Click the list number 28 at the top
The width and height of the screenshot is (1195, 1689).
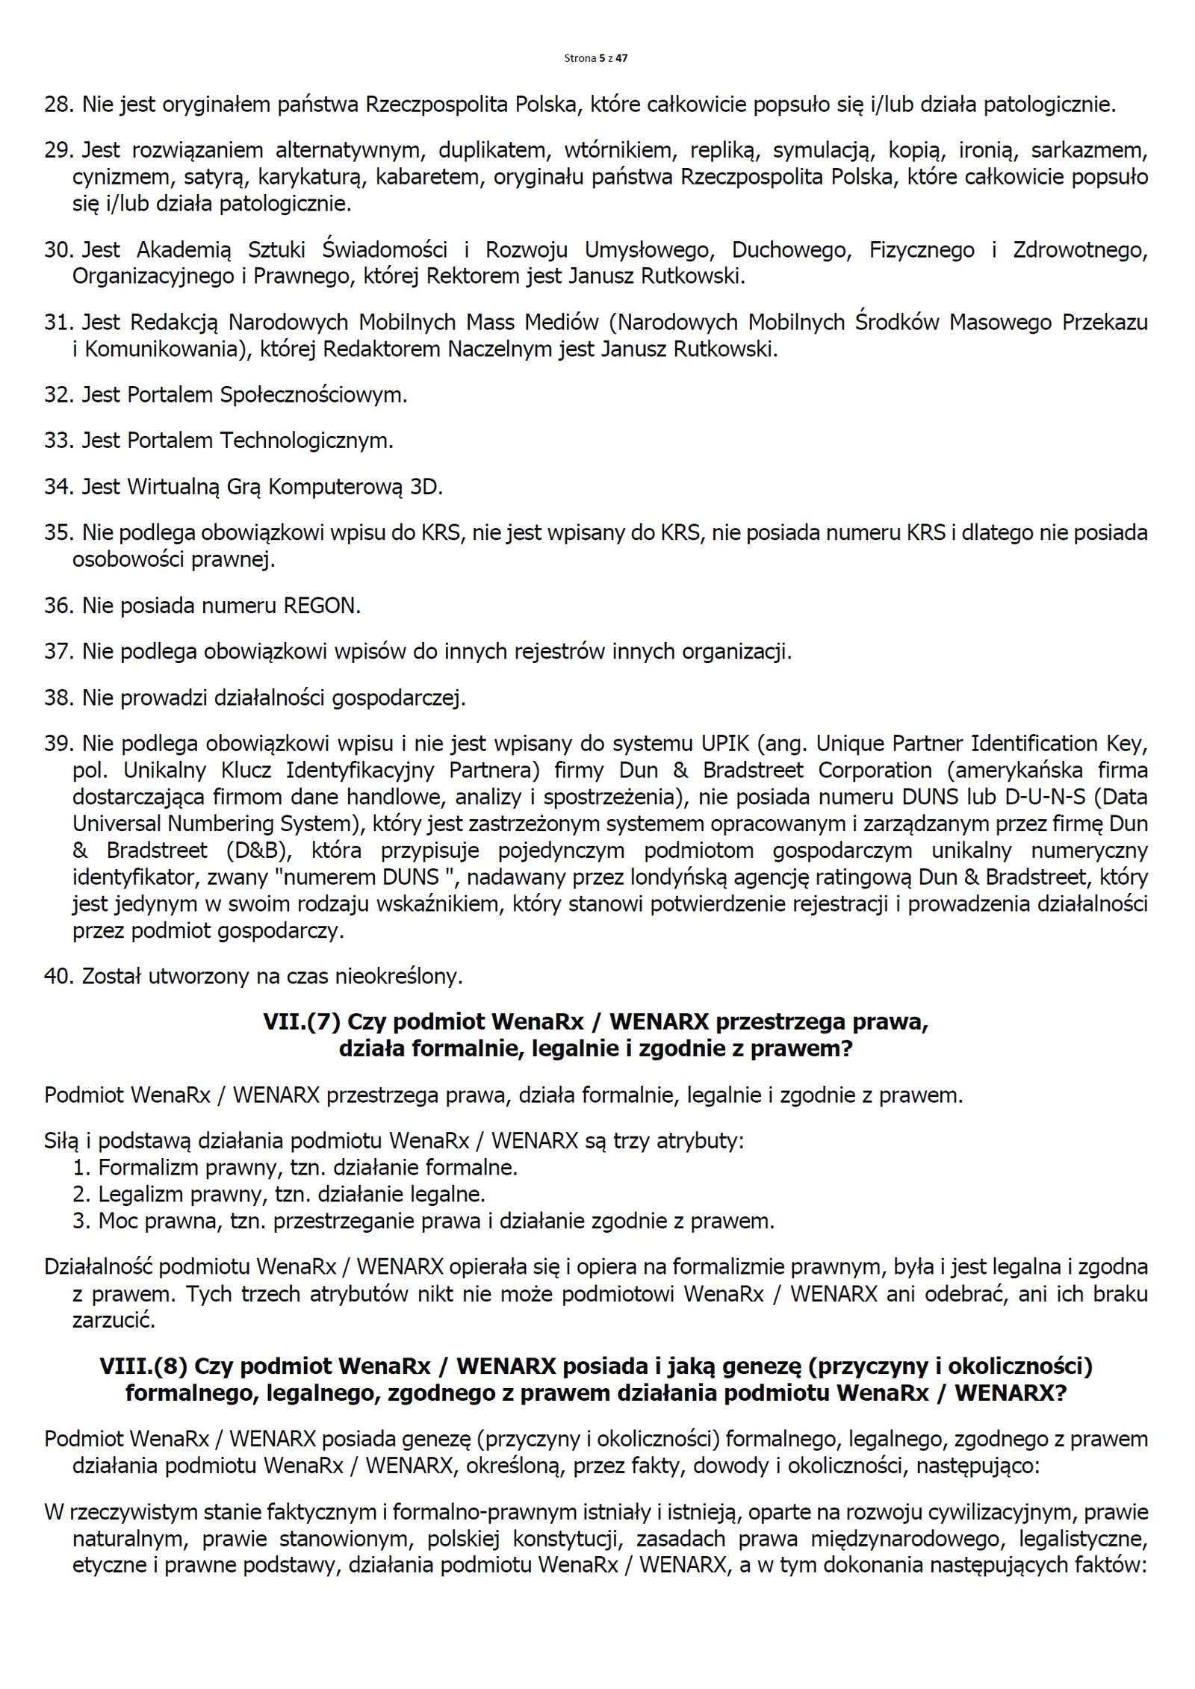click(x=56, y=105)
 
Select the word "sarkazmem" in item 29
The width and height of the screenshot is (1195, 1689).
click(x=1089, y=151)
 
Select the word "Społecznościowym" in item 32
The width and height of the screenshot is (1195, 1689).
click(x=314, y=395)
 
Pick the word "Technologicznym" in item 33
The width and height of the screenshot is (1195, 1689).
click(x=305, y=441)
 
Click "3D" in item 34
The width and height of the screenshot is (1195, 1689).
click(x=426, y=488)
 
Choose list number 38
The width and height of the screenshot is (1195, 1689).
click(x=56, y=698)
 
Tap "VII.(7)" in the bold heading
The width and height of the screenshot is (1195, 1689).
click(x=302, y=1022)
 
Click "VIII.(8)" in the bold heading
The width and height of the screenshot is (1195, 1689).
click(x=141, y=1366)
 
